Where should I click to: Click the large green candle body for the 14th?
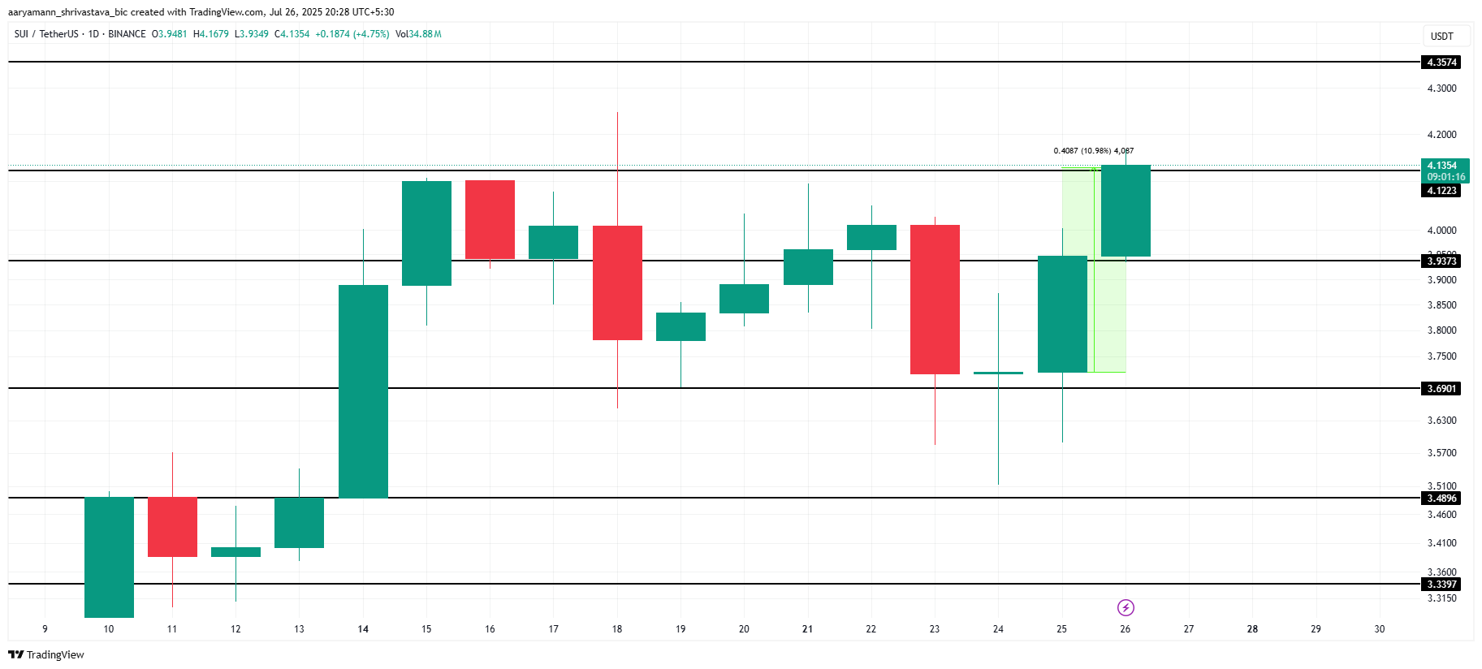click(363, 391)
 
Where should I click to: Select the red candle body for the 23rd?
click(935, 300)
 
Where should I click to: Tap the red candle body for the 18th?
click(617, 283)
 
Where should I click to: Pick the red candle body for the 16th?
click(490, 220)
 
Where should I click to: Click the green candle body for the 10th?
click(109, 557)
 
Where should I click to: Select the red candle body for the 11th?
click(172, 527)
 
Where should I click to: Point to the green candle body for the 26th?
click(1126, 211)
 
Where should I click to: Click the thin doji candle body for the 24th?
click(998, 373)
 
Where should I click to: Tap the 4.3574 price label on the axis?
click(1441, 63)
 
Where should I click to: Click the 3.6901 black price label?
click(1441, 389)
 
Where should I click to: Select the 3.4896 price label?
click(1441, 499)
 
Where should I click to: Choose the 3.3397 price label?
click(1441, 585)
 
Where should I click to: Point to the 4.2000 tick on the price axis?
click(1441, 135)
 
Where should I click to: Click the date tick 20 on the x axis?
click(744, 629)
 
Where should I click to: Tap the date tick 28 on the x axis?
click(1252, 629)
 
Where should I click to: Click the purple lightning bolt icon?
click(1126, 607)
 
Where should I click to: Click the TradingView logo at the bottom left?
click(46, 654)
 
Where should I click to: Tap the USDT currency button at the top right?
click(1441, 37)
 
